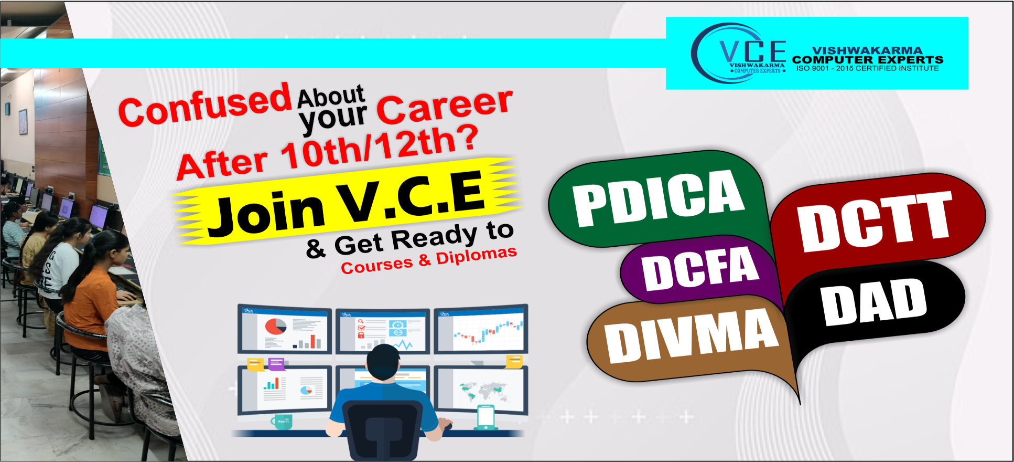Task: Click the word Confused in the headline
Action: pos(205,105)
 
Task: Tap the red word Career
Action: pos(445,106)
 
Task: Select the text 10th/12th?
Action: pos(379,146)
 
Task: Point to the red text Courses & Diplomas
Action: pos(429,260)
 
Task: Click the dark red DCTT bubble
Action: pos(876,220)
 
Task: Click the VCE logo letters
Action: pos(753,51)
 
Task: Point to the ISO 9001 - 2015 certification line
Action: pos(868,68)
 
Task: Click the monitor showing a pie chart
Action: pos(284,329)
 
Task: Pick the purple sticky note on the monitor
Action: pos(276,364)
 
